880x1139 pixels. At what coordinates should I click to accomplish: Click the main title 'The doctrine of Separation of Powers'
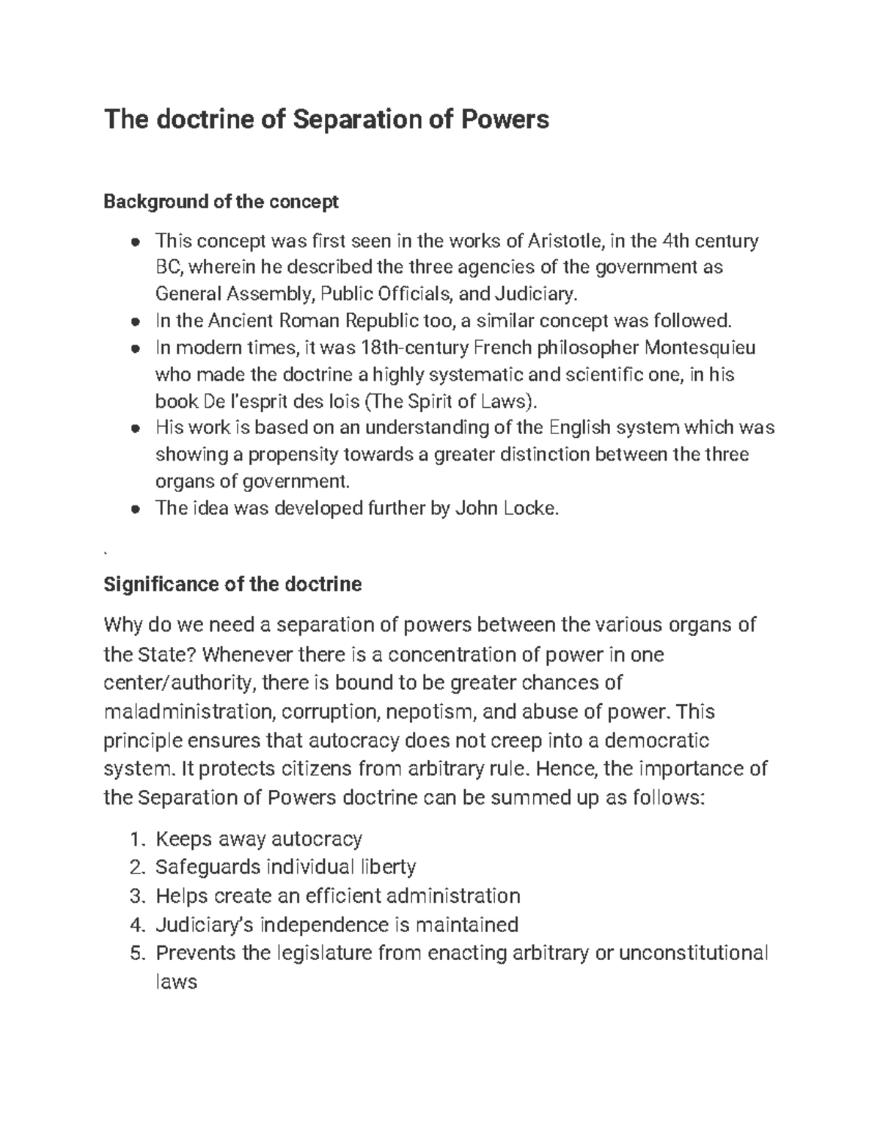pyautogui.click(x=326, y=119)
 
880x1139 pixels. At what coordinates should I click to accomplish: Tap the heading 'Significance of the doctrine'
pyautogui.click(x=232, y=585)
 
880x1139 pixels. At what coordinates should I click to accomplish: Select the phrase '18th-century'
pyautogui.click(x=411, y=347)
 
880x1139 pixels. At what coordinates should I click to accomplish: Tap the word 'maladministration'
pyautogui.click(x=187, y=712)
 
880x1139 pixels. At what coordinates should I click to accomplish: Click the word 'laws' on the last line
pyautogui.click(x=176, y=982)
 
